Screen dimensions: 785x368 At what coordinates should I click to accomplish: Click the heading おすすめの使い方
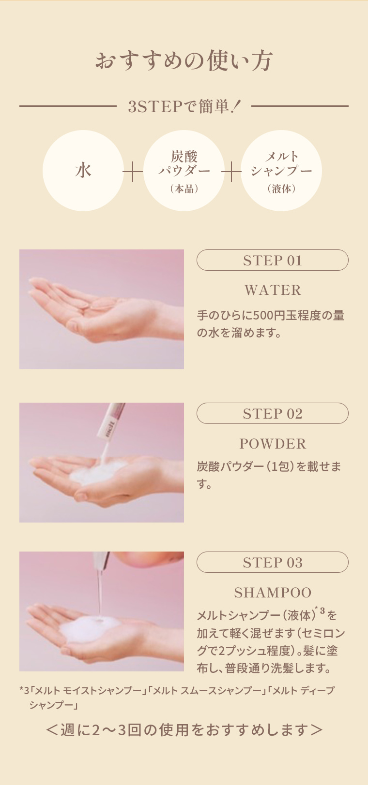[184, 61]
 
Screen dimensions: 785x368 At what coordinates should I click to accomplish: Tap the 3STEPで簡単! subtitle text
[184, 106]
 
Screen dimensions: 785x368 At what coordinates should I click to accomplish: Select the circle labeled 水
[83, 171]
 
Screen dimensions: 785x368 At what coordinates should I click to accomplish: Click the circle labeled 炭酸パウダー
[184, 171]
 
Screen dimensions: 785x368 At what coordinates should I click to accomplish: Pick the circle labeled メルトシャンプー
[281, 171]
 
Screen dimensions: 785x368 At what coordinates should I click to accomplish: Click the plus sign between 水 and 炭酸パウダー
[133, 172]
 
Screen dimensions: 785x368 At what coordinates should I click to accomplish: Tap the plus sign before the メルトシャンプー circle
[232, 172]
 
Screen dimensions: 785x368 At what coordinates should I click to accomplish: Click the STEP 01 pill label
[272, 261]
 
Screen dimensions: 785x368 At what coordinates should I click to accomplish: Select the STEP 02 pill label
[272, 414]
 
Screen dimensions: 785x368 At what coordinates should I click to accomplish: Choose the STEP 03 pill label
[272, 563]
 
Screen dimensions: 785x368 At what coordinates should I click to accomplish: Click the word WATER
[273, 290]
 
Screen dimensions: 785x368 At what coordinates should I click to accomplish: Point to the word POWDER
[273, 444]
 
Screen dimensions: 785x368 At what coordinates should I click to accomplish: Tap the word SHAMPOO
[273, 593]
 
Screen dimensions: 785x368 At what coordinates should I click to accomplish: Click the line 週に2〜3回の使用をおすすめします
[184, 729]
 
